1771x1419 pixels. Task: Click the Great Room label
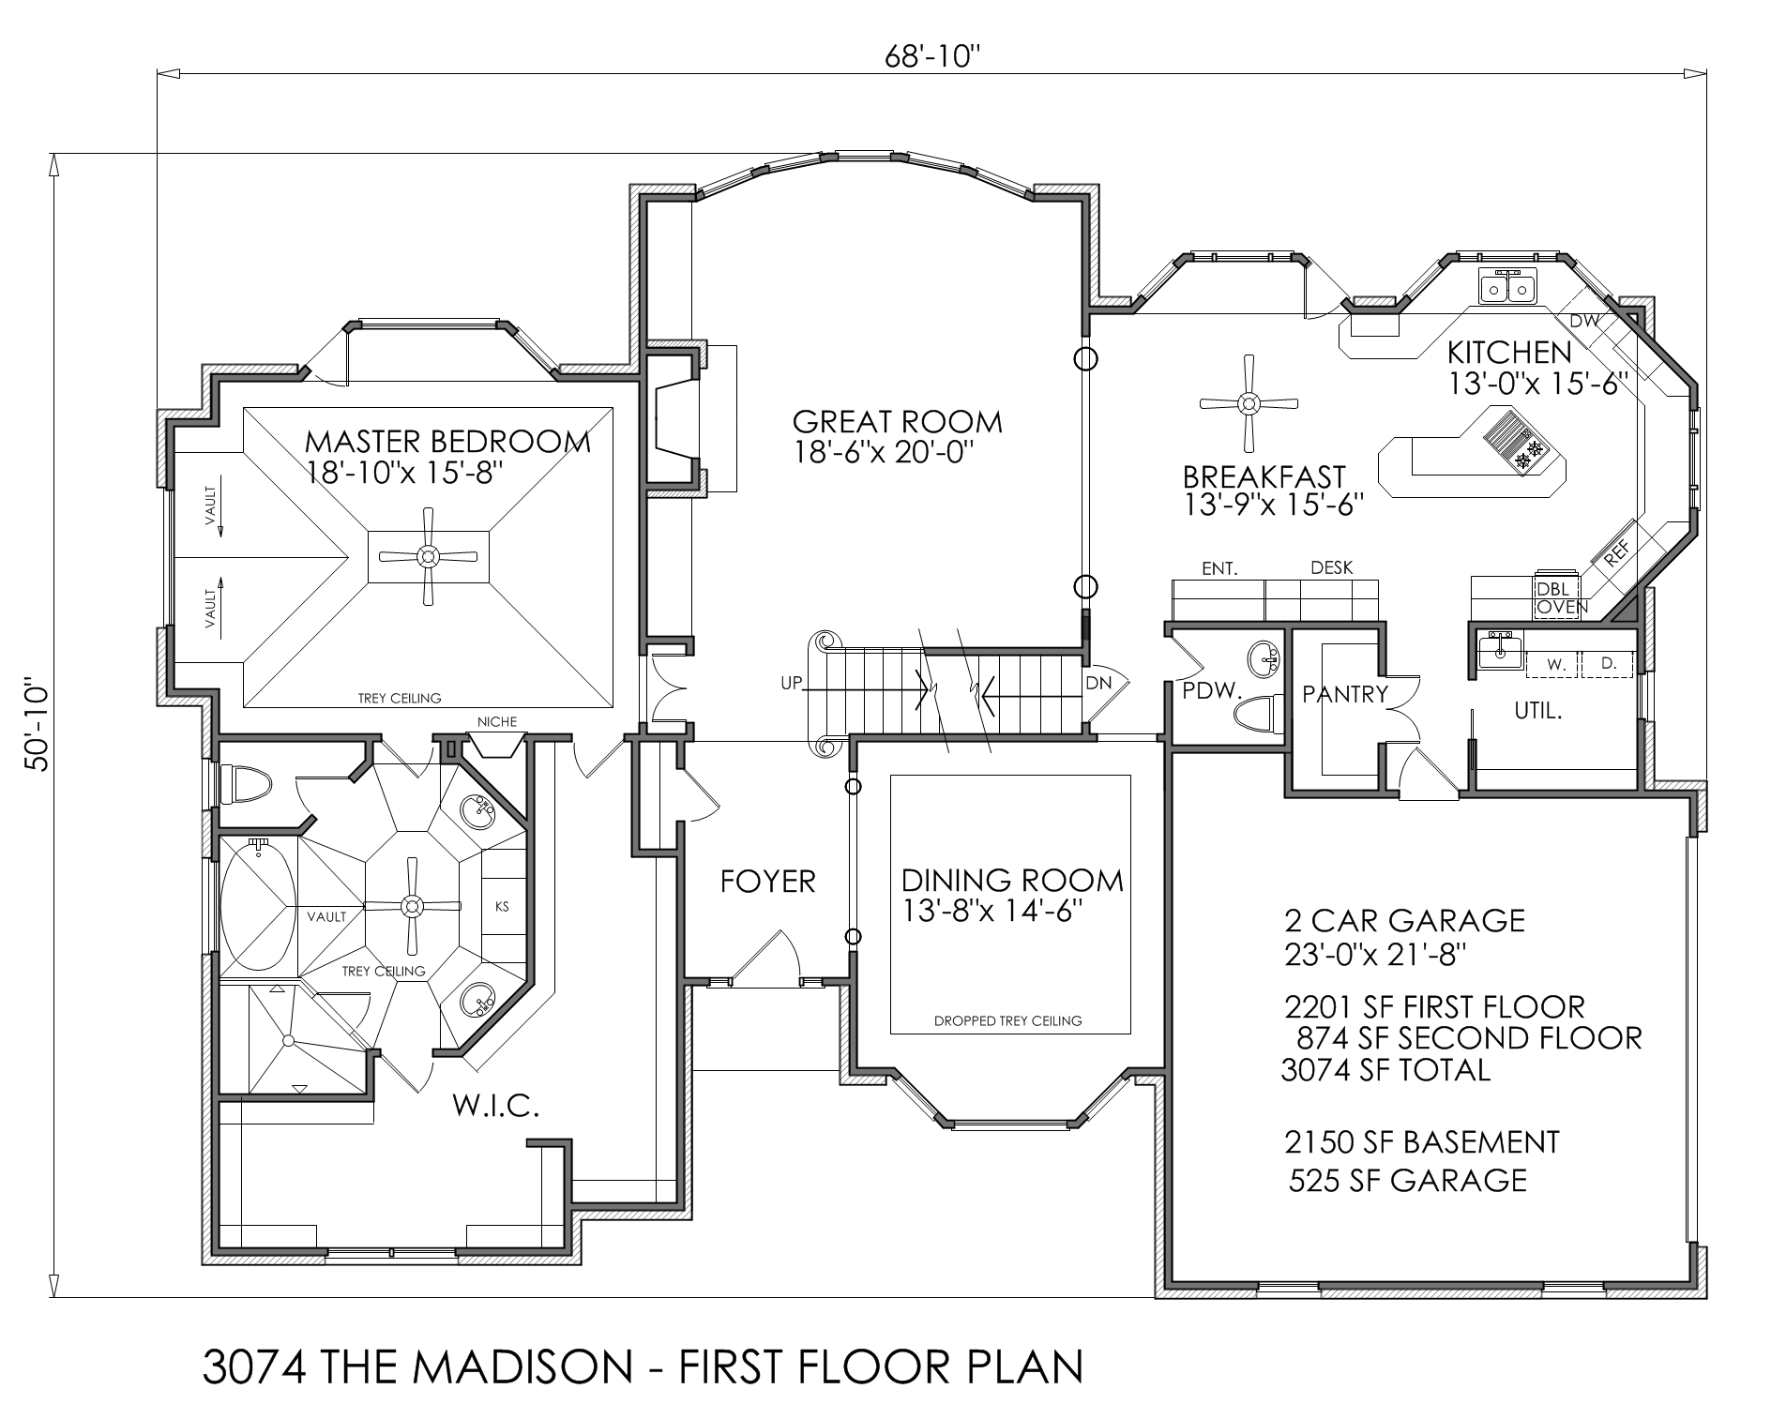point(898,422)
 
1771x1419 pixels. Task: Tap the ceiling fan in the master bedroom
point(428,556)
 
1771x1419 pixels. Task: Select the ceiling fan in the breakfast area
point(1249,403)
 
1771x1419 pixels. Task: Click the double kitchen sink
point(1507,286)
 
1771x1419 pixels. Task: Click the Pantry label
point(1344,695)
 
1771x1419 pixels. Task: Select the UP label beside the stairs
point(792,684)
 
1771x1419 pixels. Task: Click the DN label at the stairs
point(1097,684)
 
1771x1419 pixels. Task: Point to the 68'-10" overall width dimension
point(933,58)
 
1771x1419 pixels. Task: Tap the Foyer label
point(768,882)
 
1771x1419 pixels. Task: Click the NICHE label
point(496,721)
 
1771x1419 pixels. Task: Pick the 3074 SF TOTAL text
point(1385,1070)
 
